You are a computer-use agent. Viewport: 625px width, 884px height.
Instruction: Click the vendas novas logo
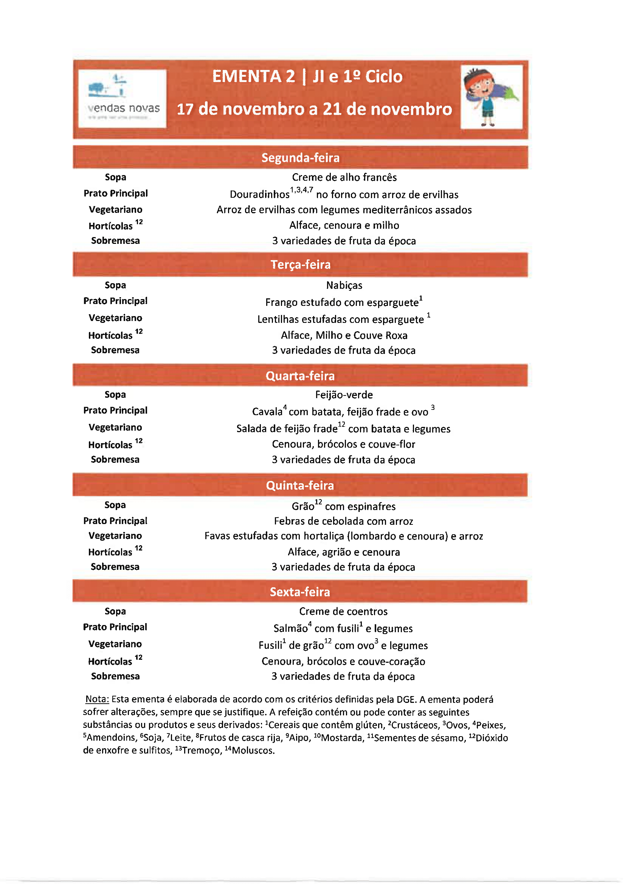coord(122,99)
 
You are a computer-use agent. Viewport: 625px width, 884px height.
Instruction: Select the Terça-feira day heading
coord(300,265)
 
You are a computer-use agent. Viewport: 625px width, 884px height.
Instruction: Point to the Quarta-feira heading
coord(300,376)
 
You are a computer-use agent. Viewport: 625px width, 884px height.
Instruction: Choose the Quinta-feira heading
coord(300,485)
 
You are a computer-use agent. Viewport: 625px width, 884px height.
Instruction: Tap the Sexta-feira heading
coord(300,592)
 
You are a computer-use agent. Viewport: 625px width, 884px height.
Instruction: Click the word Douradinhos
coord(259,194)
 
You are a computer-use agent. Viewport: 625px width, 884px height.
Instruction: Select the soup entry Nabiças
coord(344,285)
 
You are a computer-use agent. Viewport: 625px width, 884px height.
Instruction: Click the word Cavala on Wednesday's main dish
coord(267,412)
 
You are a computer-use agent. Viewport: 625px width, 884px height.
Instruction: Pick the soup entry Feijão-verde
coord(344,395)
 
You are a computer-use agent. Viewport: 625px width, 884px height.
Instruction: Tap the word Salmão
coord(290,629)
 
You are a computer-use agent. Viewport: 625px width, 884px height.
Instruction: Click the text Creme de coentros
coord(343,611)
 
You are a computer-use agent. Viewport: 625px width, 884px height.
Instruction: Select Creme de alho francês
coord(344,177)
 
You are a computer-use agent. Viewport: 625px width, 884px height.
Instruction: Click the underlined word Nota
coord(97,699)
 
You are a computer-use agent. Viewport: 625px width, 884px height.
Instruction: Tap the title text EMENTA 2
coord(253,76)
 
